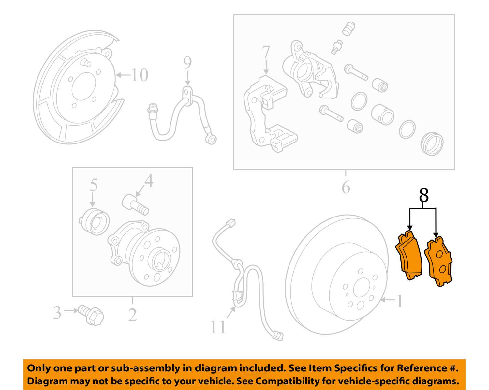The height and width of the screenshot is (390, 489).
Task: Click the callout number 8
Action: [x=423, y=196]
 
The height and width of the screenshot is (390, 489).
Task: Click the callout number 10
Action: [x=139, y=75]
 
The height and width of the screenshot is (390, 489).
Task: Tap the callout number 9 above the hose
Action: [x=187, y=63]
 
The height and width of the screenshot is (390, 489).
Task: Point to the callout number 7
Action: [x=266, y=52]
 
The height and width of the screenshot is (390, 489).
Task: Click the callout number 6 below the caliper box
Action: [x=346, y=187]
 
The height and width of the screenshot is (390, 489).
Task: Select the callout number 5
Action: [x=94, y=185]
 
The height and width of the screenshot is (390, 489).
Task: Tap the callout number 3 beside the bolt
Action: [x=57, y=312]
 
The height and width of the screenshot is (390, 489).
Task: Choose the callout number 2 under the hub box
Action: [x=132, y=315]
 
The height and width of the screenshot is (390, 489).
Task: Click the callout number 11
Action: [x=218, y=327]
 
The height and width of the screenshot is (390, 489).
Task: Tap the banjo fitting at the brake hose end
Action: [x=212, y=140]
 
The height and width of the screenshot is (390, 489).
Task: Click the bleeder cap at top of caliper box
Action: [x=348, y=29]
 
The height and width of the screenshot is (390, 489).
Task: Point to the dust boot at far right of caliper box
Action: [x=432, y=144]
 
